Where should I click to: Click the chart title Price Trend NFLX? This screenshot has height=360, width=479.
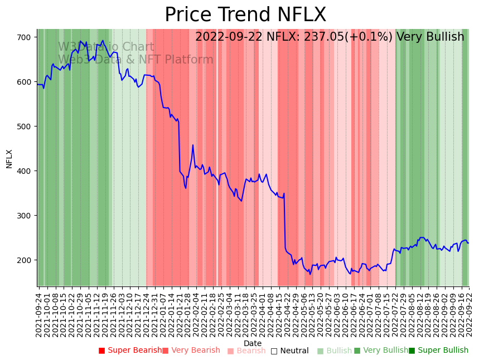(245, 15)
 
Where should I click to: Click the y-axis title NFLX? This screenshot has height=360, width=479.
(9, 158)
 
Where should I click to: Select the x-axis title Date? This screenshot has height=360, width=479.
(253, 344)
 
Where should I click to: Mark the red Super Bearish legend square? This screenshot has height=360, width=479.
(102, 351)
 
